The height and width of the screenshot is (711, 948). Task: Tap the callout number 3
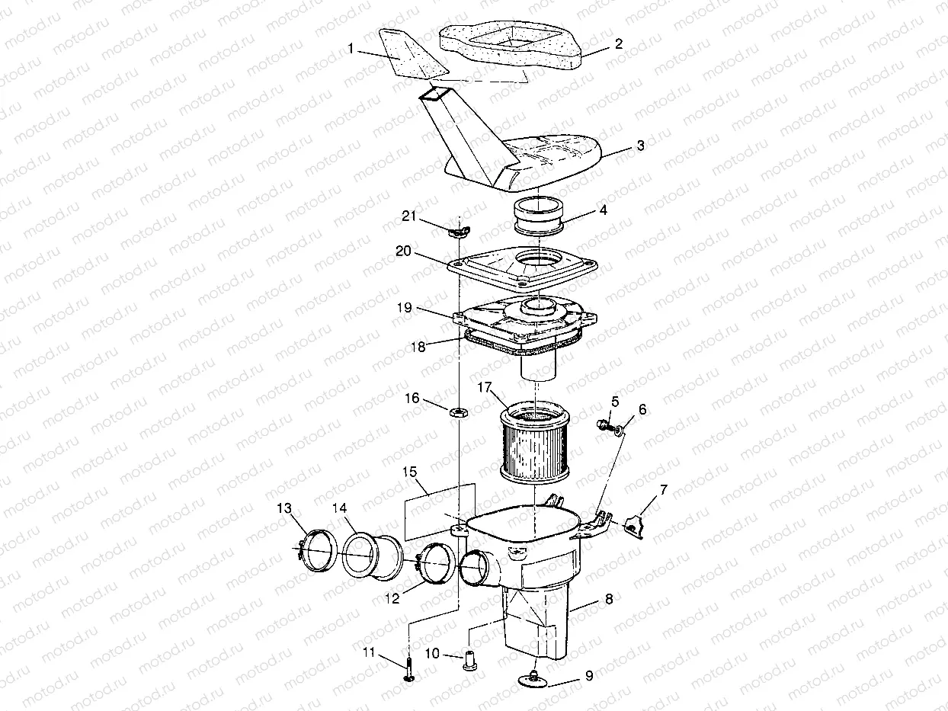640,145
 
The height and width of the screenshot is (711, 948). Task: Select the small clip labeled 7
633,527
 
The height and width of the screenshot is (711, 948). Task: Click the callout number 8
607,600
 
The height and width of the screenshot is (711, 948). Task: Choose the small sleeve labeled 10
470,658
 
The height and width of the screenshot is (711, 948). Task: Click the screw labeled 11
409,671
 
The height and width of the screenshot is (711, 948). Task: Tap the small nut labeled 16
459,412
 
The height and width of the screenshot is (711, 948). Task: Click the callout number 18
418,346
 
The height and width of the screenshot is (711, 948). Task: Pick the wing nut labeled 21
459,231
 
